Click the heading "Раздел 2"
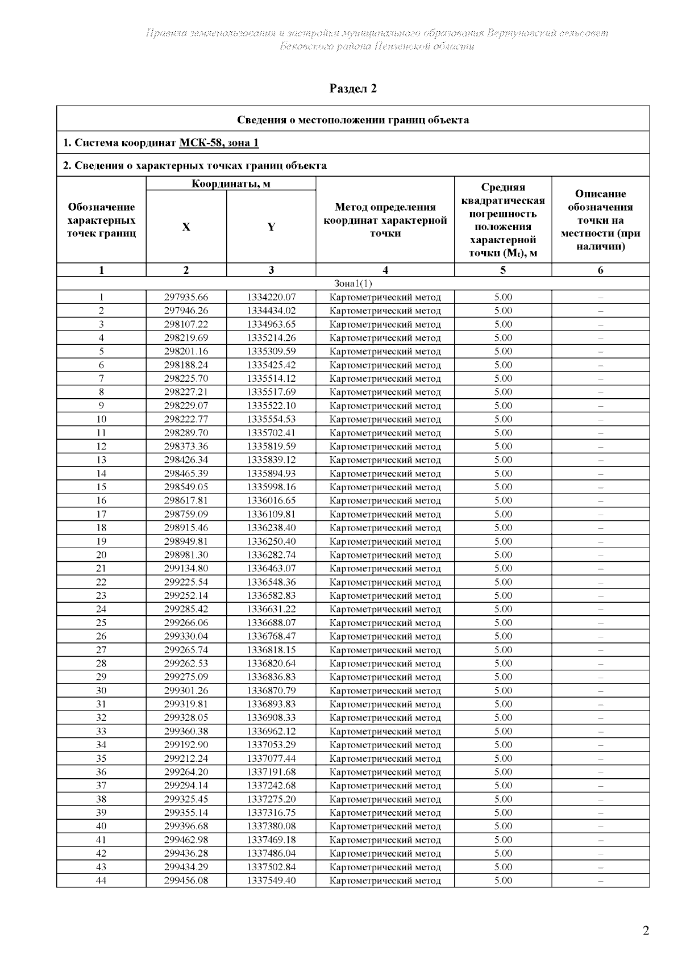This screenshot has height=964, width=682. pos(353,89)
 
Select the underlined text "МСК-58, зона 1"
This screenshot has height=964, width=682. pos(219,143)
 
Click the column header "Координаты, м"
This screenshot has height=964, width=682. pos(231,183)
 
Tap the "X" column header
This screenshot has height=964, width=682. pos(186,227)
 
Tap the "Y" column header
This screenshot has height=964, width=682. pos(271,227)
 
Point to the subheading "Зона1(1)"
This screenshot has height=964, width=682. pos(353,283)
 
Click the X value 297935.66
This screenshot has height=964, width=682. pos(186,297)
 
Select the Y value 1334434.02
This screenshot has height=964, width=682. pos(271,311)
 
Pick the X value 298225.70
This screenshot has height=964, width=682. pos(186,378)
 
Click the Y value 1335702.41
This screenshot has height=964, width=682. pos(271,433)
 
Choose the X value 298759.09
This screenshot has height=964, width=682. pos(186,514)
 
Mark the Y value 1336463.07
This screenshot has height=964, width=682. pos(271,569)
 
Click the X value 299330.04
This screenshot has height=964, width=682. pos(186,636)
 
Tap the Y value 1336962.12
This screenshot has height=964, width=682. pos(271,731)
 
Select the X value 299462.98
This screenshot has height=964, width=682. pos(186,840)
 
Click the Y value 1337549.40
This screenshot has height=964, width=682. pos(271,880)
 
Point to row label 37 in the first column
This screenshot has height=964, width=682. pos(101,786)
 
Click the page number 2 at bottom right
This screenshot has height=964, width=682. pos(645,930)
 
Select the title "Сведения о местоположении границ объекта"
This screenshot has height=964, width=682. pos(353,120)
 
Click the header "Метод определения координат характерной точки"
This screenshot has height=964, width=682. pos(385,220)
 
